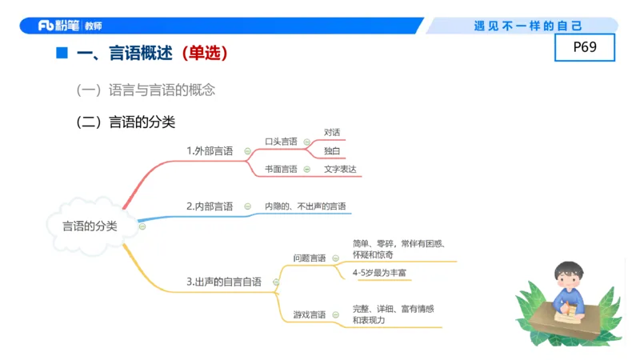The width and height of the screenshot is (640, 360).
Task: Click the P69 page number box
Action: pos(585,47)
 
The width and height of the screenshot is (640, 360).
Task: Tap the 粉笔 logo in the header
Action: pos(60,26)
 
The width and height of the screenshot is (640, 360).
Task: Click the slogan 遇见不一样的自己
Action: pos(528,26)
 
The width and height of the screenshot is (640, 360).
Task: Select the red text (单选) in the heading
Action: pos(204,54)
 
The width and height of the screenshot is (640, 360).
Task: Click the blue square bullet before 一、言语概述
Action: pos(61,54)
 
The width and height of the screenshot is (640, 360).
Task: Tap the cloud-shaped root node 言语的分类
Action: pos(90,226)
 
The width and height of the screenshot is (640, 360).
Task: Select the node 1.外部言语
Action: pos(210,150)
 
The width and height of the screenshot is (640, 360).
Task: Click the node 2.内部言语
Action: pos(210,206)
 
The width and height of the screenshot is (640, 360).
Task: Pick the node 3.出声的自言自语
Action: pos(224,282)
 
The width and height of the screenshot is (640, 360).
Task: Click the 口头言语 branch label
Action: pos(281,142)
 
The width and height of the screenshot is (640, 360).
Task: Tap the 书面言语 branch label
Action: pos(281,170)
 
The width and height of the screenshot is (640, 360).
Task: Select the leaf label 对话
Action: pos(332,132)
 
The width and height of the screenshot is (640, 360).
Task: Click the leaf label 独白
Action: pos(332,150)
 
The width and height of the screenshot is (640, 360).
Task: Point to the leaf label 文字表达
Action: pos(340,170)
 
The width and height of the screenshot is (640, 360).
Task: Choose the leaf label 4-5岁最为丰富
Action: pos(379,274)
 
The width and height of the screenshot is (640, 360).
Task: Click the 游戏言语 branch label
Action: pos(309,315)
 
